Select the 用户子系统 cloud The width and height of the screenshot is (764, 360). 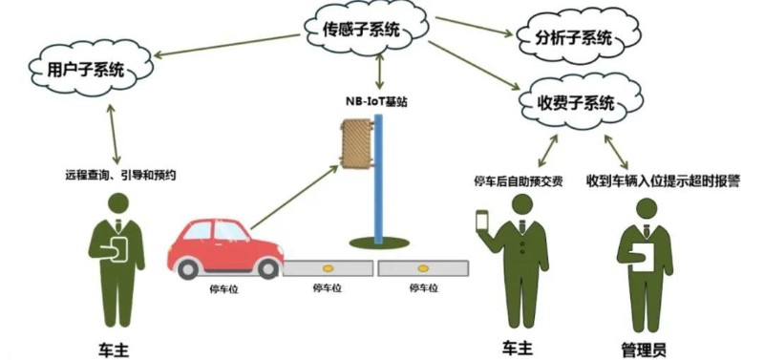91,71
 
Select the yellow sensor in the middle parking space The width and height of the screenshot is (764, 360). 328,268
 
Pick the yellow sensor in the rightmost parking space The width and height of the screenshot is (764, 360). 422,268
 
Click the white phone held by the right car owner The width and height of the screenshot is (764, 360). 482,220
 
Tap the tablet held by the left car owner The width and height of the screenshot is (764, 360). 118,249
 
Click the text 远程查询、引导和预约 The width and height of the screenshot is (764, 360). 120,176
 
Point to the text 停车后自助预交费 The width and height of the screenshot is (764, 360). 519,181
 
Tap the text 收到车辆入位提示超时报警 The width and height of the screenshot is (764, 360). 663,181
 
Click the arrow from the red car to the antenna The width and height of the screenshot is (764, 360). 295,197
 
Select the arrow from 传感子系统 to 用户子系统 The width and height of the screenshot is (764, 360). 226,45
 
